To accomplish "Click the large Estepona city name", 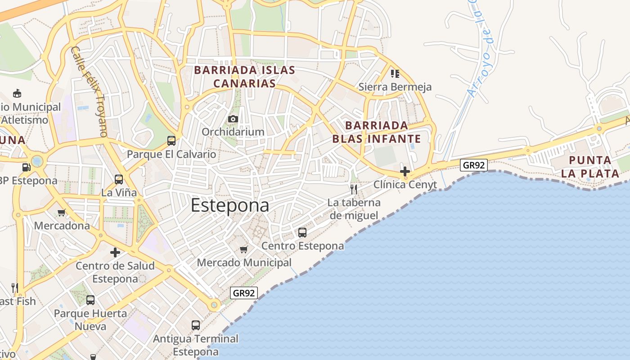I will point(230,205).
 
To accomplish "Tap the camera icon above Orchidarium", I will point(233,119).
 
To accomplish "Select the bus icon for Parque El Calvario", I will point(171,140).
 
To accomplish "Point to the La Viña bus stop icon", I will point(119,179).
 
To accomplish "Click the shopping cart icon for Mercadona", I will point(62,212).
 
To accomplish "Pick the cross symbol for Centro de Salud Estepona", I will point(115,252).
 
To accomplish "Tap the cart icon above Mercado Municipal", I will point(244,249).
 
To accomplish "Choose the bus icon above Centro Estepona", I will point(302,233).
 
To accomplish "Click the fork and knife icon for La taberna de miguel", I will point(354,189).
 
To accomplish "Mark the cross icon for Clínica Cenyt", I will point(405,171).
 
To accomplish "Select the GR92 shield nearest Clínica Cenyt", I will point(474,165).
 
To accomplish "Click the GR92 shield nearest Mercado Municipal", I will point(244,293).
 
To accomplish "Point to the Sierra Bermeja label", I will point(395,87).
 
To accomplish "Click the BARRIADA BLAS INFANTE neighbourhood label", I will point(376,132).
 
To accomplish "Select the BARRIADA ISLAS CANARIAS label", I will point(244,76).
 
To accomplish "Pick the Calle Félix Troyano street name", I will point(90,91).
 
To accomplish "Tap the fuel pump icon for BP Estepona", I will point(27,167).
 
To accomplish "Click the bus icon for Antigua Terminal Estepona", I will point(196,325).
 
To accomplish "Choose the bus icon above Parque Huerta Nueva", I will point(90,300).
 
